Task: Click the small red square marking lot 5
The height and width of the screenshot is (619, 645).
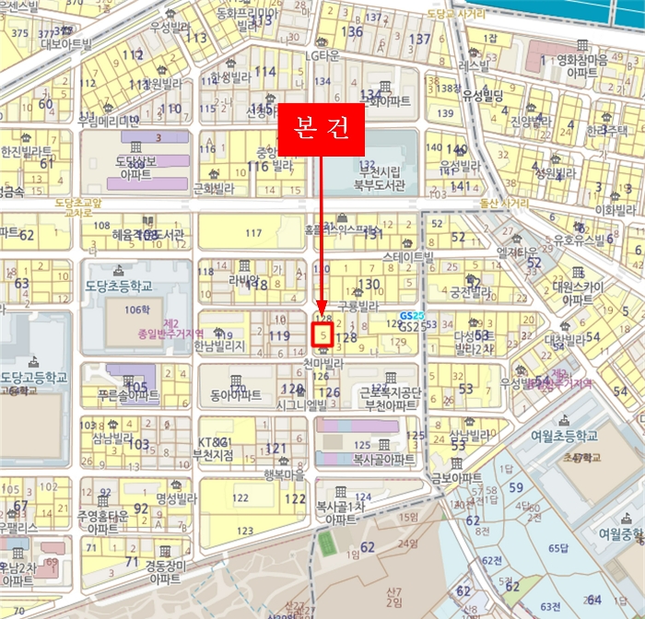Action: [x=322, y=335]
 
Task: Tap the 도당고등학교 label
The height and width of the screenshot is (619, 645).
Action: [x=34, y=377]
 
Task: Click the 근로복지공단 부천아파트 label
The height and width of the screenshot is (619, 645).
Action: [x=390, y=397]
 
